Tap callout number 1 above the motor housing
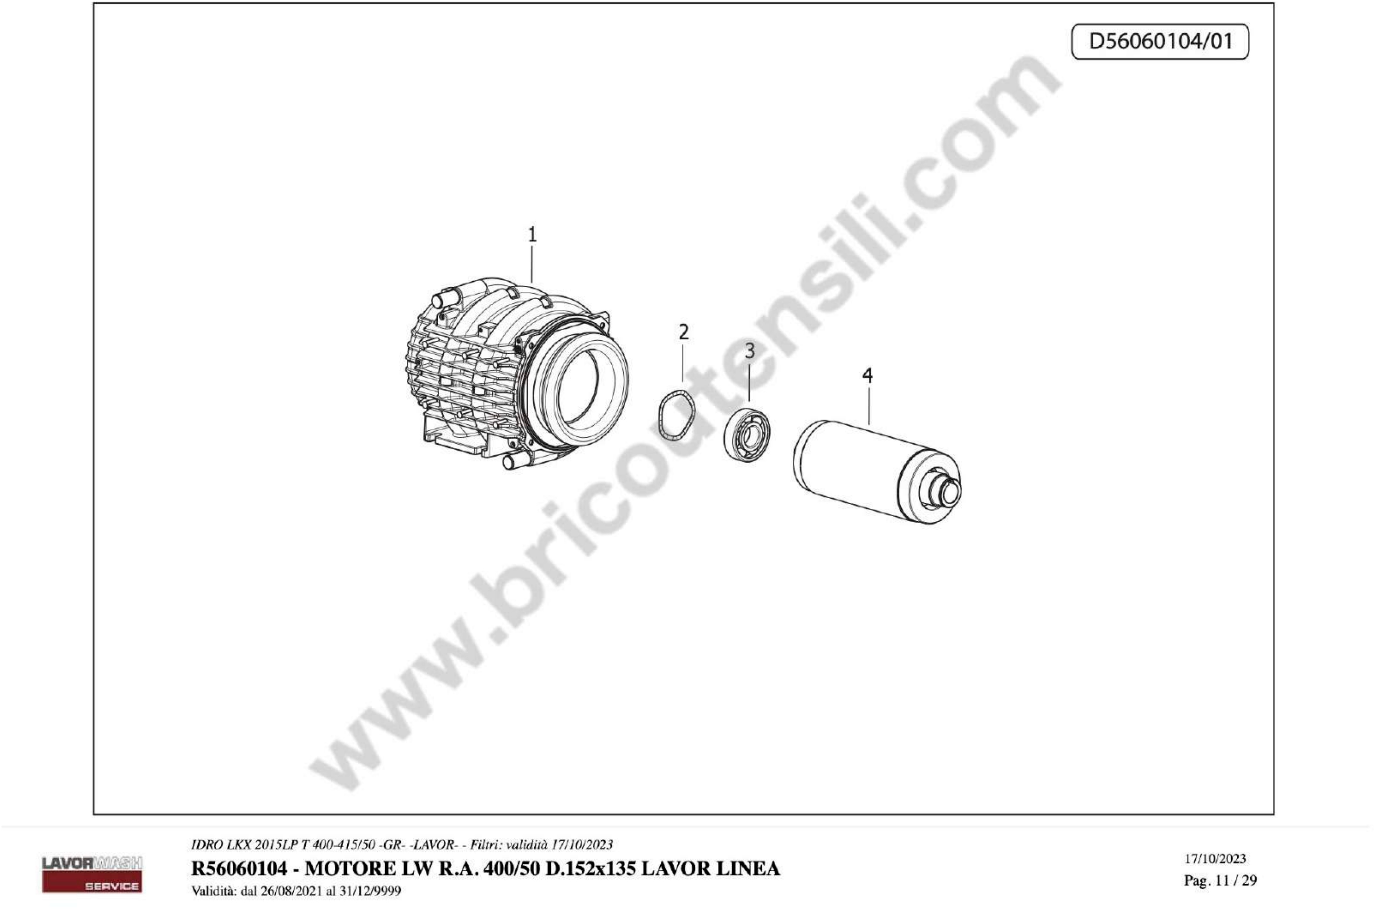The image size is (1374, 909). (532, 235)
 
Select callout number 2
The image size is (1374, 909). (684, 332)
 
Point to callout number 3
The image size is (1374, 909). (750, 351)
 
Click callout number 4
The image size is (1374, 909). (868, 376)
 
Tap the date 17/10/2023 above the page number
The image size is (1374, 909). (1215, 859)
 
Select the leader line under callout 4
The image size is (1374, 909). (869, 406)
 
